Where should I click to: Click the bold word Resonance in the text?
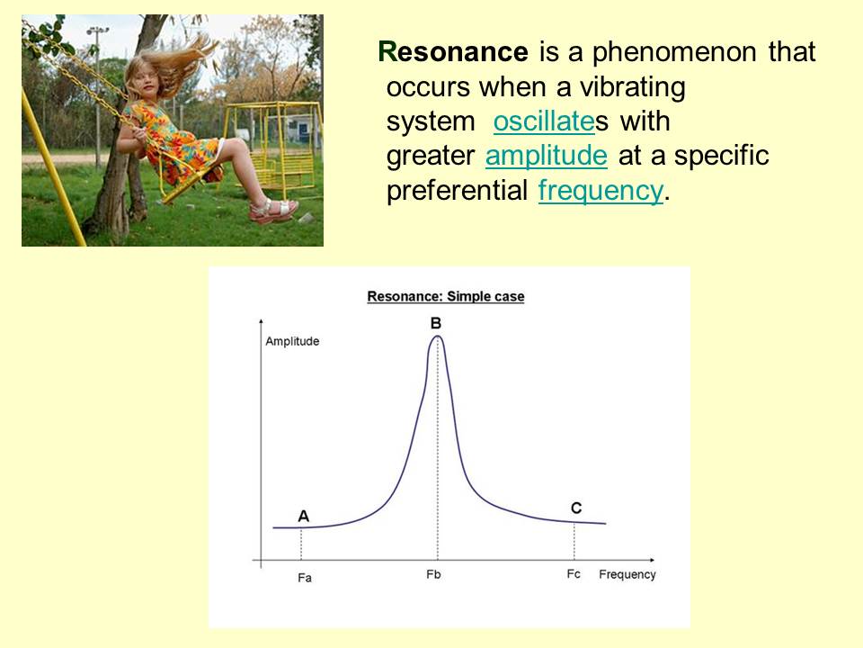[453, 52]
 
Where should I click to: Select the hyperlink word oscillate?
[544, 121]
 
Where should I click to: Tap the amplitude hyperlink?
[546, 156]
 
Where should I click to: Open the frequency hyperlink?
[601, 191]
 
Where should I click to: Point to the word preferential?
[457, 191]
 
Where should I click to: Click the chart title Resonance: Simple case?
[446, 296]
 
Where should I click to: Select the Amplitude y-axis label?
[292, 342]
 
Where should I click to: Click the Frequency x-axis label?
[627, 575]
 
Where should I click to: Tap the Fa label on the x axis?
[305, 578]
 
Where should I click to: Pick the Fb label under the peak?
[433, 574]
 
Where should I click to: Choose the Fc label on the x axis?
[574, 574]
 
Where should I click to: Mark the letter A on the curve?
[303, 517]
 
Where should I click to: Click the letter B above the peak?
[435, 323]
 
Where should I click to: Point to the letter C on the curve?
[576, 508]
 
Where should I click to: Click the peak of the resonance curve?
[437, 336]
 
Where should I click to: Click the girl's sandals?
[272, 210]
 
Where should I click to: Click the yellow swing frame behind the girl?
[271, 147]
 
